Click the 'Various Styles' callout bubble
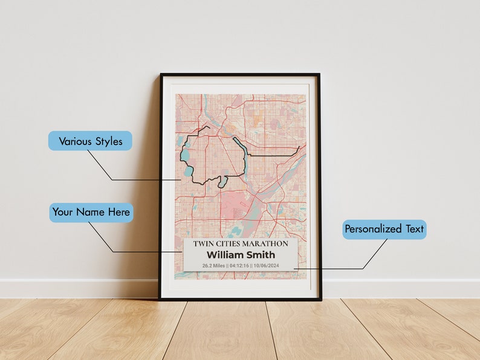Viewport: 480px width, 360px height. pyautogui.click(x=90, y=141)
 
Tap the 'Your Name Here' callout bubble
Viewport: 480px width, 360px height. pyautogui.click(x=91, y=212)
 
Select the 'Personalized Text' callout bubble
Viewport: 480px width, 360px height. pyautogui.click(x=384, y=229)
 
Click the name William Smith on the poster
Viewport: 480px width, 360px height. pyautogui.click(x=240, y=254)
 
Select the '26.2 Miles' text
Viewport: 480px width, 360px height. pyautogui.click(x=213, y=265)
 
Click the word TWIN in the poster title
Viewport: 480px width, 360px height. pyautogui.click(x=203, y=243)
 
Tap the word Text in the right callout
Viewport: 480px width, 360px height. pyautogui.click(x=414, y=229)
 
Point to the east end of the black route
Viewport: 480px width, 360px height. pyautogui.click(x=299, y=147)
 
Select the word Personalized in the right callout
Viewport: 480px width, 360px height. pyautogui.click(x=372, y=229)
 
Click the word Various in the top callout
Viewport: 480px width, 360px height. pyautogui.click(x=75, y=141)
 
